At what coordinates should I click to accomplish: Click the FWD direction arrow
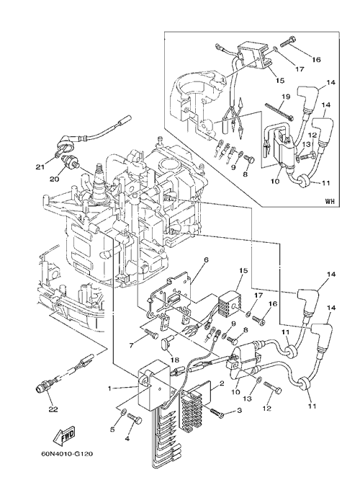[64, 437]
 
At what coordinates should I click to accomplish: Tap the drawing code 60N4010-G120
[67, 454]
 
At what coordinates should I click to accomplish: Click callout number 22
[53, 409]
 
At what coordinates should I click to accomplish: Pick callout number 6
[206, 259]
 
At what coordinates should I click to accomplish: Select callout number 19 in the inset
[286, 97]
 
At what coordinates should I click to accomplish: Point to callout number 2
[222, 383]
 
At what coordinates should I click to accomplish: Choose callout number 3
[239, 411]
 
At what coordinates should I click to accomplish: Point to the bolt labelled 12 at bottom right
[272, 388]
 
